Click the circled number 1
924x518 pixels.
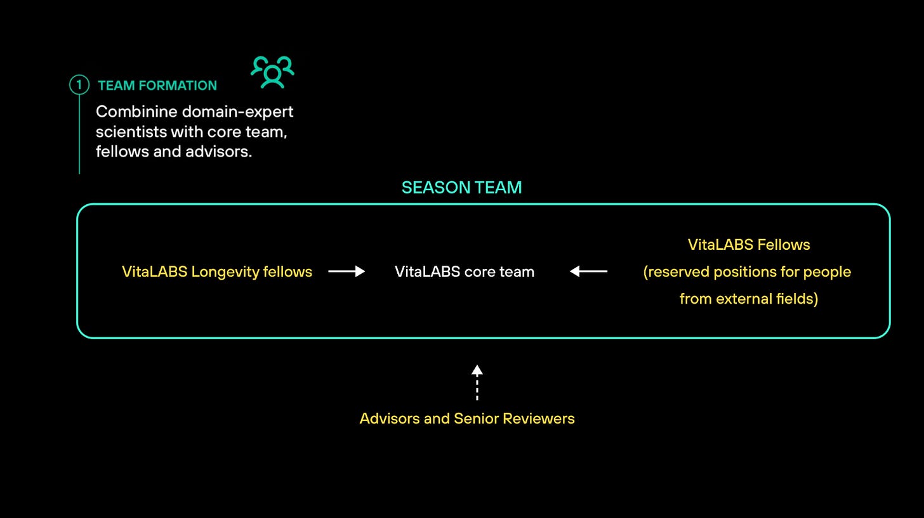[79, 85]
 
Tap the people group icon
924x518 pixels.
[273, 72]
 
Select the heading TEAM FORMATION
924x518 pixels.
[157, 86]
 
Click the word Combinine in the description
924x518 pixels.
[136, 112]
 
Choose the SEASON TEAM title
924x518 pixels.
[461, 188]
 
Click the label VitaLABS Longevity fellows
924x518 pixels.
[216, 272]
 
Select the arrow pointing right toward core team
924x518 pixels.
[346, 271]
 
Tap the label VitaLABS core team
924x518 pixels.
[465, 272]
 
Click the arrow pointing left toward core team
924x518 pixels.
[588, 271]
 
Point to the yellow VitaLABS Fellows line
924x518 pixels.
[749, 245]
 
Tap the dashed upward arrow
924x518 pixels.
[477, 382]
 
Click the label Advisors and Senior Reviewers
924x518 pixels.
[467, 418]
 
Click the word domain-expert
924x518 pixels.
[237, 112]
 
